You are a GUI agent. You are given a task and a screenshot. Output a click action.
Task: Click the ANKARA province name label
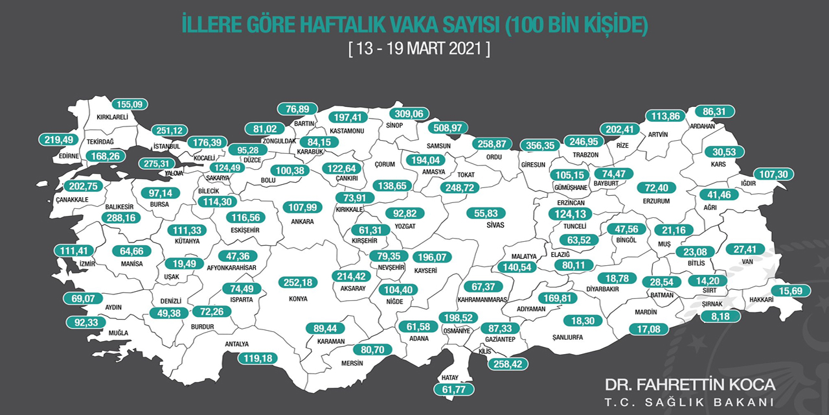pyautogui.click(x=302, y=222)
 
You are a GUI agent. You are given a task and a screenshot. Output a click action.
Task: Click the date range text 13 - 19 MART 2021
pyautogui.click(x=418, y=49)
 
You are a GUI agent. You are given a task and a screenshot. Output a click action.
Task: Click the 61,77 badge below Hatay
pyautogui.click(x=453, y=389)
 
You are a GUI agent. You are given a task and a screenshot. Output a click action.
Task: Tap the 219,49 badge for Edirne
pyautogui.click(x=58, y=139)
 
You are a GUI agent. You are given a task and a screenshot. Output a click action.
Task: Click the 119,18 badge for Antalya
pyautogui.click(x=258, y=357)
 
